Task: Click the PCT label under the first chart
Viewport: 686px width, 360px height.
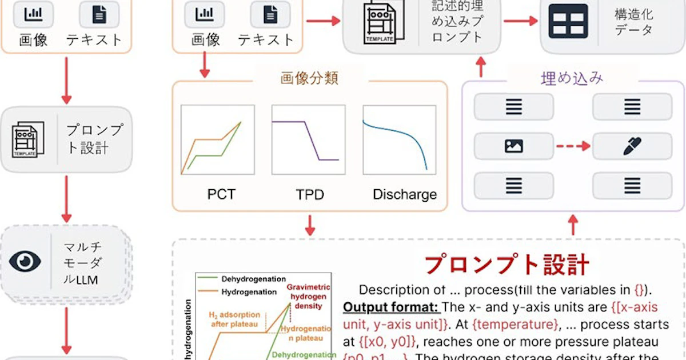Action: point(221,194)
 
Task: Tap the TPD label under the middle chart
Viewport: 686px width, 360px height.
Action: point(310,194)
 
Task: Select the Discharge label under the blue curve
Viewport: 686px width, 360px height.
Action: point(405,194)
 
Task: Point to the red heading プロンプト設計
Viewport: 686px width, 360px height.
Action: point(506,265)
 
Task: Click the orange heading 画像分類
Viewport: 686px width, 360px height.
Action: point(309,78)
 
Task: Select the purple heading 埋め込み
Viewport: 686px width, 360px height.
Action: point(572,78)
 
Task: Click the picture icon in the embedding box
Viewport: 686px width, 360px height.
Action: point(514,146)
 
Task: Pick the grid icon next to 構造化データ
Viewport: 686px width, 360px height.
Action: point(568,21)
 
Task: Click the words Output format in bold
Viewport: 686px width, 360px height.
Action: point(390,307)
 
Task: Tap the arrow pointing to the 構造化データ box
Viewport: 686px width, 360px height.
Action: point(521,21)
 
